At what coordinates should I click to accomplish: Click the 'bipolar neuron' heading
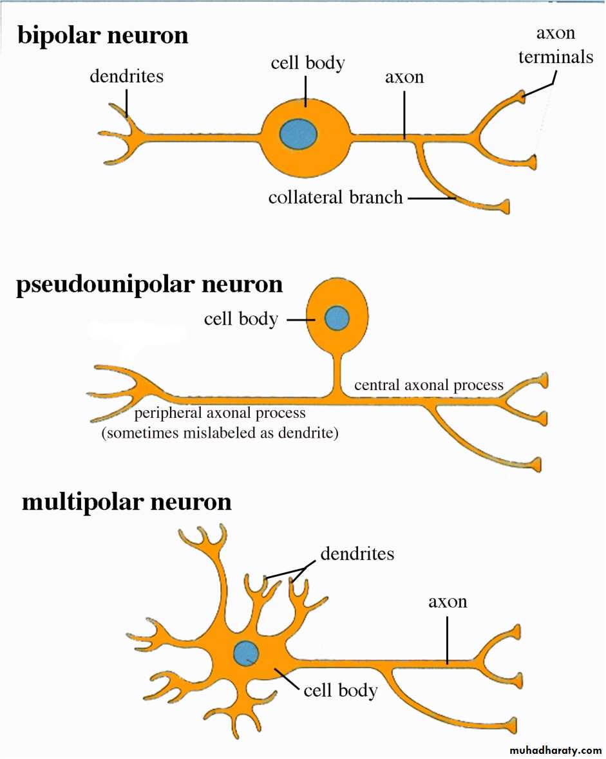click(x=103, y=35)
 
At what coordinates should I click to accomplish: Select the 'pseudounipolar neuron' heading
click(x=149, y=284)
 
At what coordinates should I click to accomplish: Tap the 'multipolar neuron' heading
click(x=126, y=501)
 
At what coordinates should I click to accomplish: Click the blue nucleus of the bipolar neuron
click(x=298, y=134)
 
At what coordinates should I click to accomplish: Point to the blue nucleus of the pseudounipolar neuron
click(x=337, y=318)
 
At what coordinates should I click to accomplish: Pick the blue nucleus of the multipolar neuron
click(x=246, y=653)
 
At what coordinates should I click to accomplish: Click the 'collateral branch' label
click(x=335, y=197)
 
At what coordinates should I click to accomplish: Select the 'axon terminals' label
click(x=555, y=45)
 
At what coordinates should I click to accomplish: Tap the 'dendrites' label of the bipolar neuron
click(x=126, y=76)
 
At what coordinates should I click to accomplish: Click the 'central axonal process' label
click(x=429, y=385)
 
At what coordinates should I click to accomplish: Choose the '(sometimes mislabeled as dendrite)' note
click(x=220, y=433)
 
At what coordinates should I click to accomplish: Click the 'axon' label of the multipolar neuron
click(x=448, y=602)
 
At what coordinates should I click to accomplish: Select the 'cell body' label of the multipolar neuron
click(x=340, y=690)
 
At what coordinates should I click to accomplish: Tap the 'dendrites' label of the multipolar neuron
click(x=357, y=552)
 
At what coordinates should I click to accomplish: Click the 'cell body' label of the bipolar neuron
click(x=307, y=63)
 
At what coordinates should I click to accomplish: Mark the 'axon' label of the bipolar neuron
click(x=404, y=77)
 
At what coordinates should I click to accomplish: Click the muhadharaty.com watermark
click(x=555, y=751)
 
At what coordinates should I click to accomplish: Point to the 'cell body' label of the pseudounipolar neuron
click(x=241, y=319)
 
